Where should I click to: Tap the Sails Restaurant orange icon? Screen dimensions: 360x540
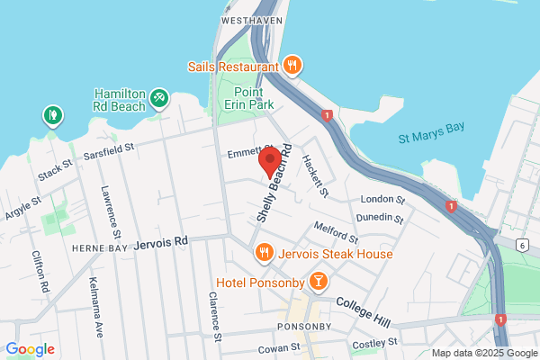(292, 65)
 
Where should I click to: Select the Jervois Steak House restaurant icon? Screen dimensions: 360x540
(264, 253)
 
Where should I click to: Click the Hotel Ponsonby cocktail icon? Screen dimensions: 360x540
(318, 283)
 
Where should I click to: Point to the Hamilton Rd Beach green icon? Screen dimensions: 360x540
(159, 95)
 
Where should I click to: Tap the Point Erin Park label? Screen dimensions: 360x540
(249, 99)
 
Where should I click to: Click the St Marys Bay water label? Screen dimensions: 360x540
(432, 133)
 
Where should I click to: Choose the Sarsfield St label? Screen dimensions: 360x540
(103, 148)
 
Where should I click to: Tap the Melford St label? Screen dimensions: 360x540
(336, 231)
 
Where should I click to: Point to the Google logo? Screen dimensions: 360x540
(30, 349)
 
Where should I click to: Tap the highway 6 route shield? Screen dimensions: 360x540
(521, 244)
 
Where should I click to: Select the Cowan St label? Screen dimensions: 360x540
(277, 347)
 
